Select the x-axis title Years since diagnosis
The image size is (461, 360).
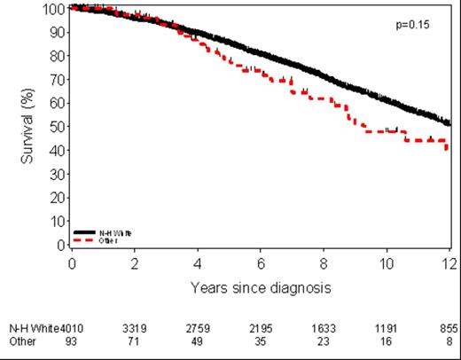click(261, 288)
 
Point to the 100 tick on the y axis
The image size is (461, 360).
click(57, 8)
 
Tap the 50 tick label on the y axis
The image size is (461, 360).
click(59, 126)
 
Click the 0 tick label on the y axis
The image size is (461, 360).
click(63, 244)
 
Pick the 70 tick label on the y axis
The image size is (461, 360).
click(59, 79)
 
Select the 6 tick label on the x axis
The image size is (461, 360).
click(261, 263)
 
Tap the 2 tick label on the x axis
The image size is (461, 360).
click(135, 263)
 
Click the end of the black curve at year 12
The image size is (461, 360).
click(449, 123)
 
